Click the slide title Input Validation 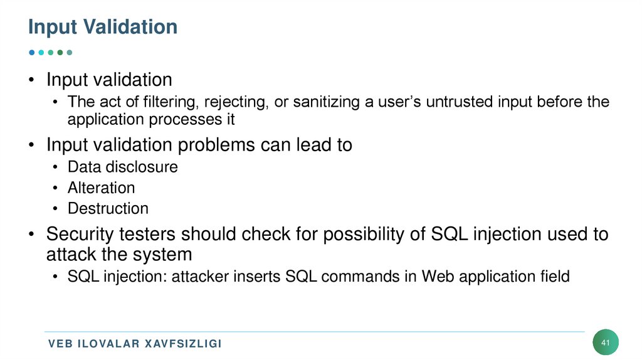click(x=103, y=27)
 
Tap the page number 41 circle click(x=605, y=343)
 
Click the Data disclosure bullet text click(x=122, y=167)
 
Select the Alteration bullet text click(x=101, y=188)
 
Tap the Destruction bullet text click(x=108, y=208)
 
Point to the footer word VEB click(x=61, y=344)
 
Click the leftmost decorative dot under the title click(x=32, y=53)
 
